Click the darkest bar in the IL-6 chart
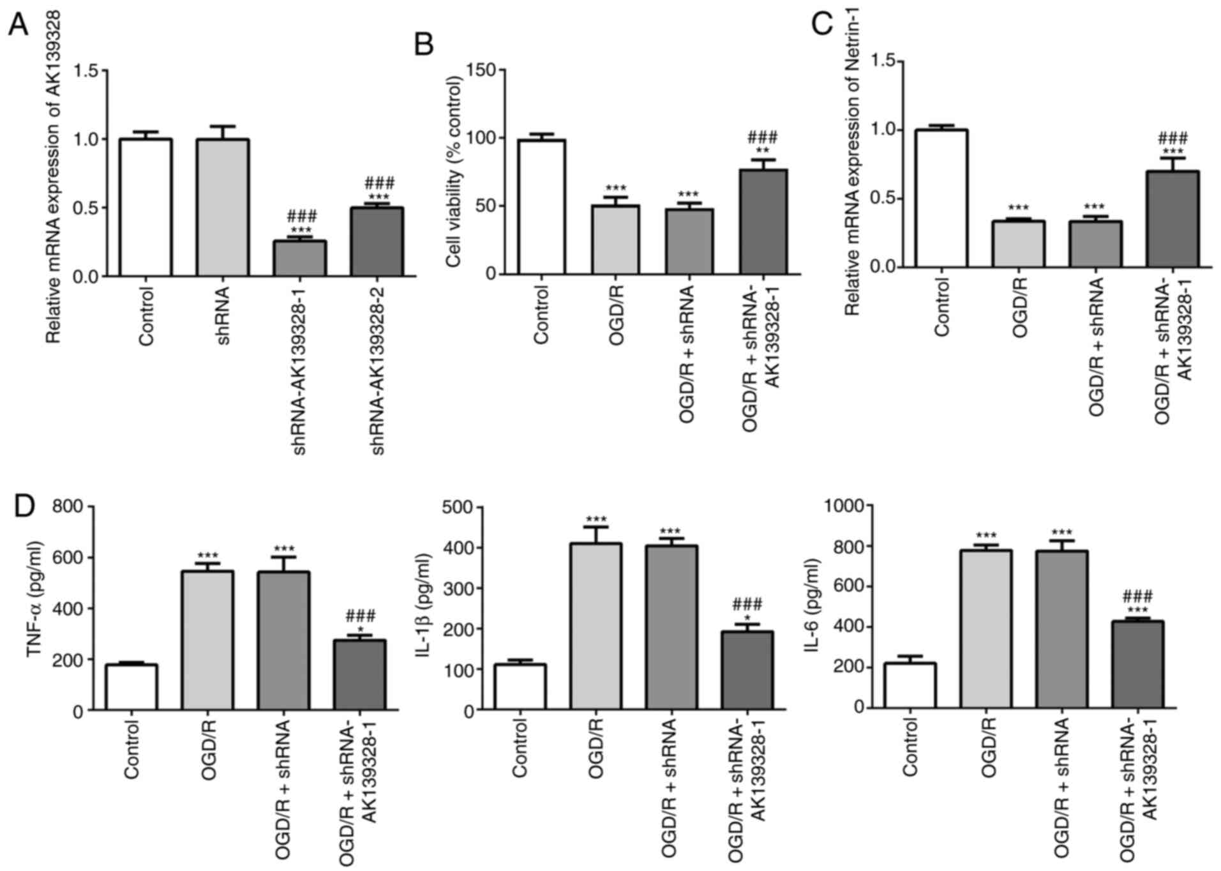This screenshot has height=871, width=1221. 1137,663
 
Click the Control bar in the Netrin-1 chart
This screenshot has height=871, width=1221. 942,198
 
